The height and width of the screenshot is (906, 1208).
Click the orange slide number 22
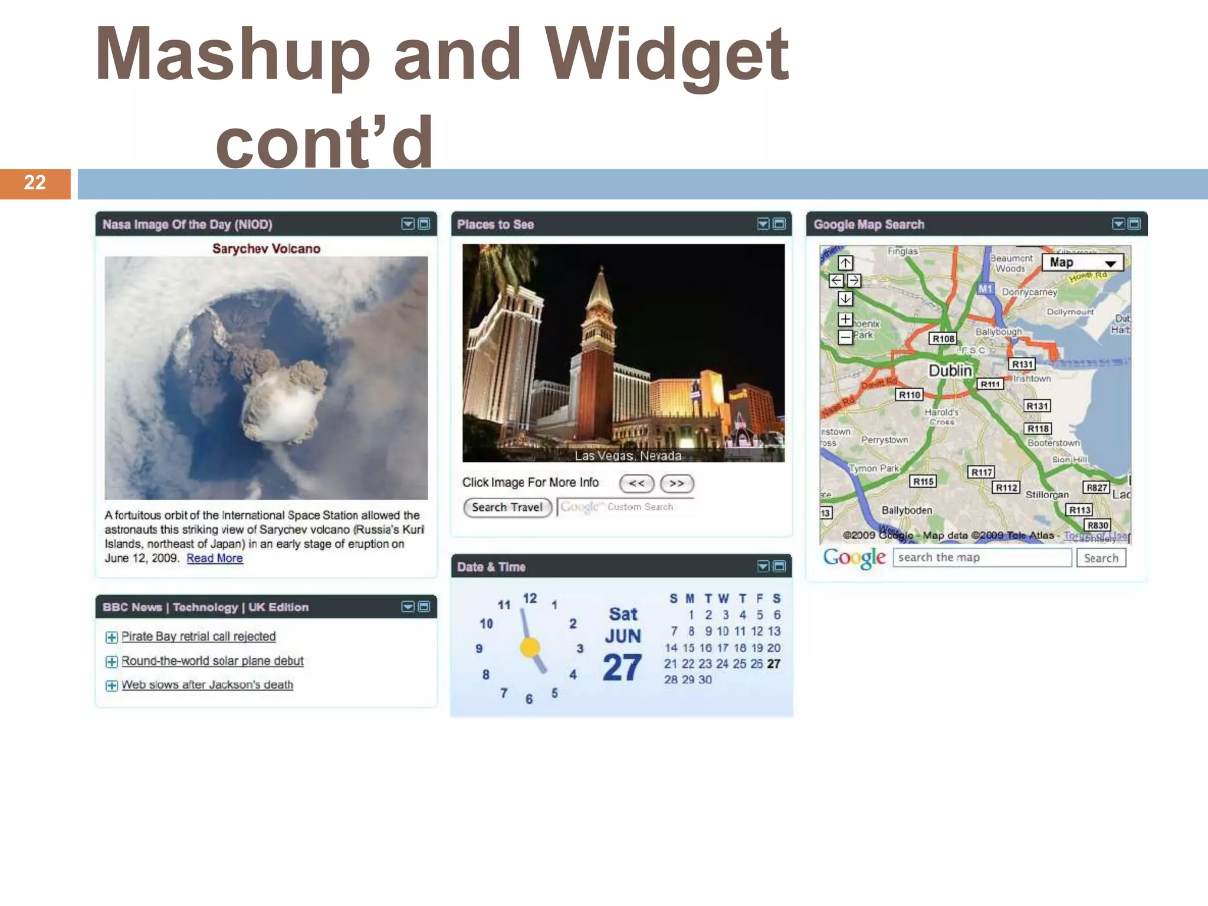pyautogui.click(x=35, y=183)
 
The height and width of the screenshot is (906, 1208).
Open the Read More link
pyautogui.click(x=215, y=559)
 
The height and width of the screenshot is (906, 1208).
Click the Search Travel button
pyautogui.click(x=507, y=507)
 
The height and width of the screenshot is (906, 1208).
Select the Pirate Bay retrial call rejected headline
pyautogui.click(x=198, y=636)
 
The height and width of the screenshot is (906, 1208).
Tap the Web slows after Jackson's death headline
pyautogui.click(x=207, y=685)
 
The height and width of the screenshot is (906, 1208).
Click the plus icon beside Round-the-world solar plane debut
pyautogui.click(x=111, y=662)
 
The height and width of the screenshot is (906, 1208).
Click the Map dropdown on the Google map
pyautogui.click(x=1082, y=262)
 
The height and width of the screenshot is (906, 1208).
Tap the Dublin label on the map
pyautogui.click(x=950, y=370)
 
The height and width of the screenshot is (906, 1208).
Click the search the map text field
pyautogui.click(x=981, y=557)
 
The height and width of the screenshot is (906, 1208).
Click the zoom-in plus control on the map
pyautogui.click(x=845, y=319)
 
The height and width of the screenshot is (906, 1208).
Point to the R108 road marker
pyautogui.click(x=943, y=339)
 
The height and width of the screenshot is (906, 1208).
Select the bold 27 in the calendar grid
pyautogui.click(x=774, y=664)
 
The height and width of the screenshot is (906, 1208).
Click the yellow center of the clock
pyautogui.click(x=530, y=648)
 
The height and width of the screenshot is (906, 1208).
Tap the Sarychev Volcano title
pyautogui.click(x=266, y=249)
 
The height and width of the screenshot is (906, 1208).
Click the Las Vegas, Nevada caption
pyautogui.click(x=628, y=456)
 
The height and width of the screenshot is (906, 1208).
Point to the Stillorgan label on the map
pyautogui.click(x=1047, y=494)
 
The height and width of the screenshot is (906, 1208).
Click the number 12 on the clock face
pyautogui.click(x=530, y=599)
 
